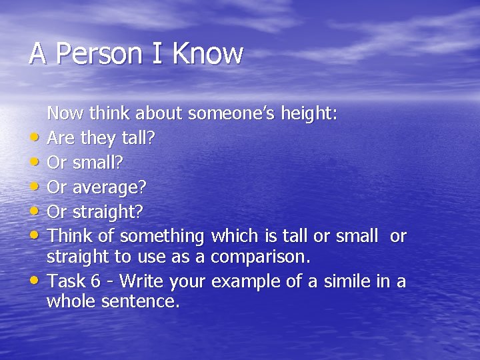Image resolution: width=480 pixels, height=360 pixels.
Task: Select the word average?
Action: (x=109, y=189)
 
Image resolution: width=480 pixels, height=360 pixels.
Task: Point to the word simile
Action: (x=347, y=281)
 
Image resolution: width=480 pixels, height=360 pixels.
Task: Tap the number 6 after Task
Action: (x=96, y=281)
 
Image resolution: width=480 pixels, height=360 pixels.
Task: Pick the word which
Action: (x=233, y=236)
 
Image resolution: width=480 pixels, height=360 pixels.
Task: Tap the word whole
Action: (x=71, y=301)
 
